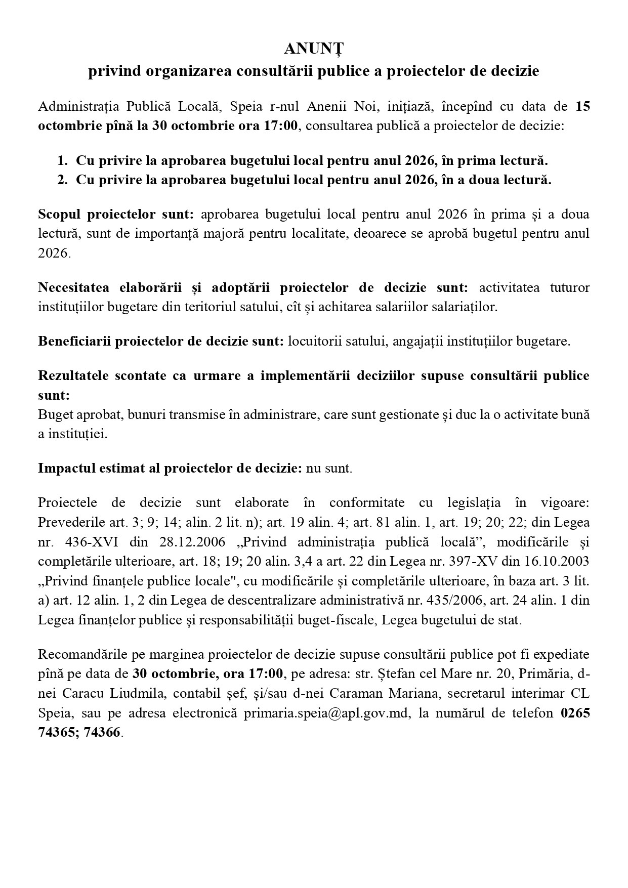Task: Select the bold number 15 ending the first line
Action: tap(582, 107)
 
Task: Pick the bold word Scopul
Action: tap(59, 215)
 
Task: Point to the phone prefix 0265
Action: tap(575, 713)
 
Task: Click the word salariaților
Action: tap(467, 307)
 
